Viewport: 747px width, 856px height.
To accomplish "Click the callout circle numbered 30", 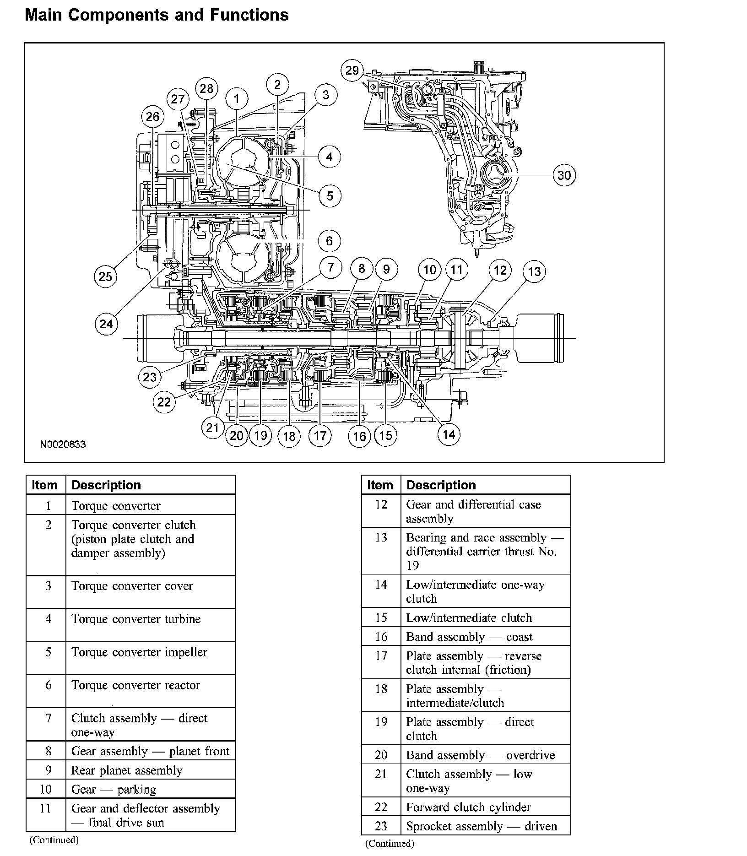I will coord(564,175).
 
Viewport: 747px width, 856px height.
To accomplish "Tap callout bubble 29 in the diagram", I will coord(352,70).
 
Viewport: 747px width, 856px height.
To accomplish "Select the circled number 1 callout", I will coord(237,99).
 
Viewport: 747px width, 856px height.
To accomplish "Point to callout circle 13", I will coord(534,272).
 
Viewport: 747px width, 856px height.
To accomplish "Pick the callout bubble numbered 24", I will coord(106,324).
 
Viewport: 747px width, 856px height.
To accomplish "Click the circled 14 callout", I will coord(449,434).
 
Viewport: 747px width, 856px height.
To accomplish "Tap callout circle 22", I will coord(164,402).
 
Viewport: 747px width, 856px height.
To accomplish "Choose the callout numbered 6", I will coord(330,241).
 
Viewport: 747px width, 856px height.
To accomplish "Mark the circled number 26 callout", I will coord(152,117).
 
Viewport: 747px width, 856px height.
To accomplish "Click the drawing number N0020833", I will coord(63,444).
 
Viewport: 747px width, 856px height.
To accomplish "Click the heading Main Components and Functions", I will coord(157,15).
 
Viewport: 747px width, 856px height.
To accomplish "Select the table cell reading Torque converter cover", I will coord(132,586).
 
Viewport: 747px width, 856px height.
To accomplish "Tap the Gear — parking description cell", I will coord(114,790).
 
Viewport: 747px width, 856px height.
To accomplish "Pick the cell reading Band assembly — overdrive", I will coord(481,755).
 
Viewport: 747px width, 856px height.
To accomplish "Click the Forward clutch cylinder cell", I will coord(468,807).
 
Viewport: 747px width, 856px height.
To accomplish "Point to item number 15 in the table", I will coord(381,618).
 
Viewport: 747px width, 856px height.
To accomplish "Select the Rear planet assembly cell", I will coord(127,770).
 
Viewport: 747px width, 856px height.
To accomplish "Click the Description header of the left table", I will coord(106,485).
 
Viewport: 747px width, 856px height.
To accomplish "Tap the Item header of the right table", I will coord(380,485).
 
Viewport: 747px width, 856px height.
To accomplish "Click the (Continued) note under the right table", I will coord(390,843).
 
